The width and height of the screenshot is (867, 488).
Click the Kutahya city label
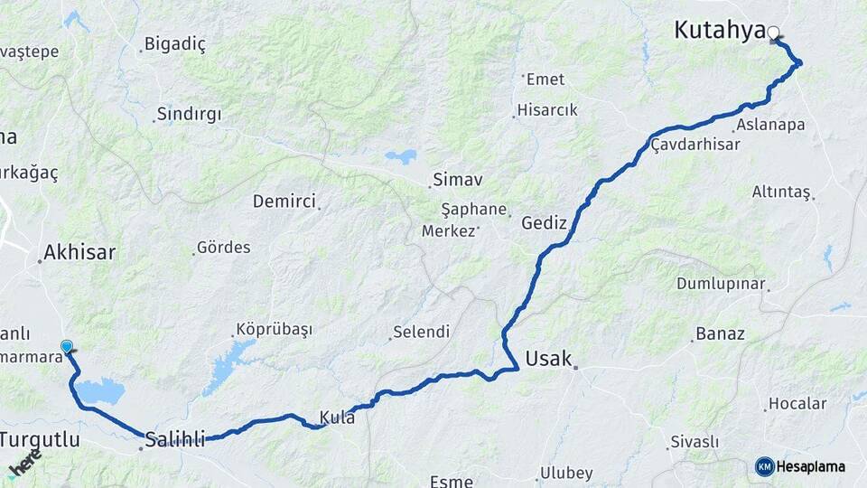click(x=719, y=31)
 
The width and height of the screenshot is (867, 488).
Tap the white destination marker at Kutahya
click(x=773, y=33)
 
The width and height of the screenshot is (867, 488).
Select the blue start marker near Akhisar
click(x=66, y=346)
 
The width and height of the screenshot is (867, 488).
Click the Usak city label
click(x=548, y=358)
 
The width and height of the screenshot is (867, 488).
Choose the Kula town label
click(x=336, y=418)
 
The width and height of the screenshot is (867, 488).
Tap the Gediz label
click(x=544, y=222)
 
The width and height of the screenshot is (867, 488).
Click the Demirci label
click(x=284, y=201)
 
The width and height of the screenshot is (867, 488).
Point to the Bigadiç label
click(x=175, y=43)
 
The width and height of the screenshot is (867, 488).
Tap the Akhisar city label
click(x=79, y=252)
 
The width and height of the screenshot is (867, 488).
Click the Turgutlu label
click(x=40, y=440)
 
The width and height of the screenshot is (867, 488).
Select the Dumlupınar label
click(x=721, y=283)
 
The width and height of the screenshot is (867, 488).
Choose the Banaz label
click(x=720, y=334)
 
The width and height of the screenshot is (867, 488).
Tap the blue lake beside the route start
click(x=100, y=392)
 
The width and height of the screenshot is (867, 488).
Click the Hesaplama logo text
click(x=811, y=466)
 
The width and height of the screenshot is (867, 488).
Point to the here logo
click(x=25, y=463)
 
